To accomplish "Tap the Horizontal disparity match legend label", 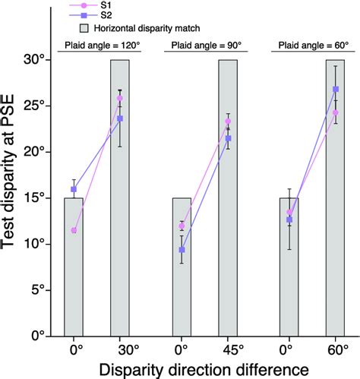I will pyautogui.click(x=139, y=28).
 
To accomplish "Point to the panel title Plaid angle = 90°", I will pyautogui.click(x=205, y=46).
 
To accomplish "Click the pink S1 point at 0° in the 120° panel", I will pyautogui.click(x=74, y=230).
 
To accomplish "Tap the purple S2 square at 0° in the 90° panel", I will pyautogui.click(x=182, y=250).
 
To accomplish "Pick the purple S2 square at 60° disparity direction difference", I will pyautogui.click(x=336, y=89).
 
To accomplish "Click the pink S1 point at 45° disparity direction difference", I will pyautogui.click(x=228, y=122).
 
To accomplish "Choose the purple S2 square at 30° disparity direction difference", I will pyautogui.click(x=120, y=118).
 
